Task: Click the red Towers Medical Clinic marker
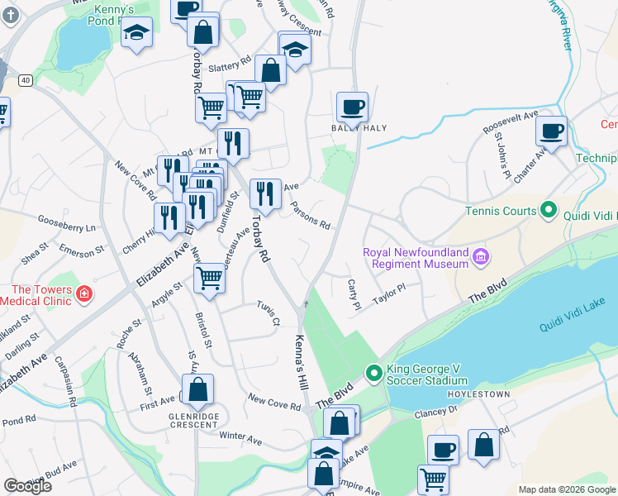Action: click(83, 294)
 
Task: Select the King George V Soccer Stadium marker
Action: click(373, 374)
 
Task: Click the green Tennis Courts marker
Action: click(547, 211)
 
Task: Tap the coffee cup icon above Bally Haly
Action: click(352, 107)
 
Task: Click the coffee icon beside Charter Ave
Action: click(551, 131)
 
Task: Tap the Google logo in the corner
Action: click(27, 485)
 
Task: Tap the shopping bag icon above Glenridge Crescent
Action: click(198, 389)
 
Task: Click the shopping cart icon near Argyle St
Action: click(210, 279)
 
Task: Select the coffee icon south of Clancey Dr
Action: click(443, 451)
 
